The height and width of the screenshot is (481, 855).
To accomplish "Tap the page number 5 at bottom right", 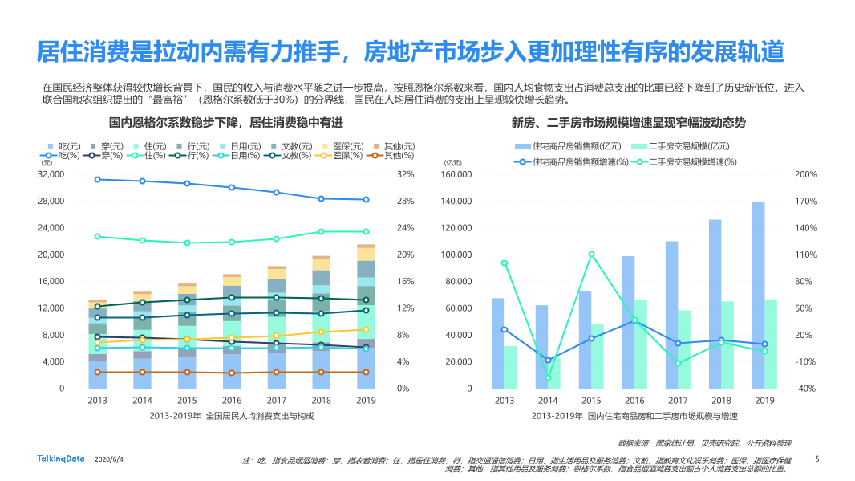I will [817, 459].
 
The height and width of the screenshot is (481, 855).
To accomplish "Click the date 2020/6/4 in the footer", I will [109, 459].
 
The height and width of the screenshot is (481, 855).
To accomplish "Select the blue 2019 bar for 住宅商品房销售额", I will [758, 295].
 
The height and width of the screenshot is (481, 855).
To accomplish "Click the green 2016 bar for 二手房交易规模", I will [641, 344].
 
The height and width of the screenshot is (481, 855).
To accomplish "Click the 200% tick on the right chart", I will [804, 174].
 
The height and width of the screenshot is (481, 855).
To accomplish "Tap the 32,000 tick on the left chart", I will [51, 174].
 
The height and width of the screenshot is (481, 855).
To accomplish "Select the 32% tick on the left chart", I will [406, 174].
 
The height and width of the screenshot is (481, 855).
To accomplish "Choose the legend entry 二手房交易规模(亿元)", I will [681, 145].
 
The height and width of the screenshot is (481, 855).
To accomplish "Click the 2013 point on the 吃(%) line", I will [98, 179].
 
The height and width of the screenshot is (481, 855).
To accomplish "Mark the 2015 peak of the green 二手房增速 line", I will [591, 255].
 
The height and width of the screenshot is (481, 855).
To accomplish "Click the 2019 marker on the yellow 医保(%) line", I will [366, 329].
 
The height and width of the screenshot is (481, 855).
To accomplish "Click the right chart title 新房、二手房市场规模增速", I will [628, 123].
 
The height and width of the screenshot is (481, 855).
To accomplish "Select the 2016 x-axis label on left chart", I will [232, 400].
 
